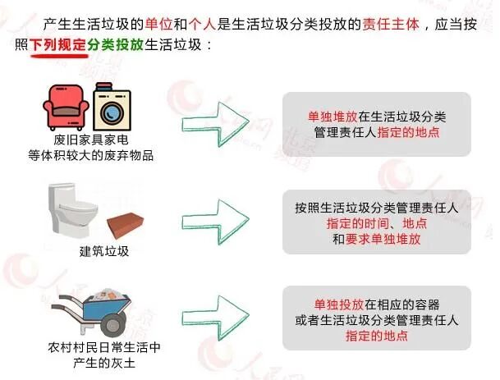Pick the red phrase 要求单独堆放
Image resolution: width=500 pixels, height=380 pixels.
391,238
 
